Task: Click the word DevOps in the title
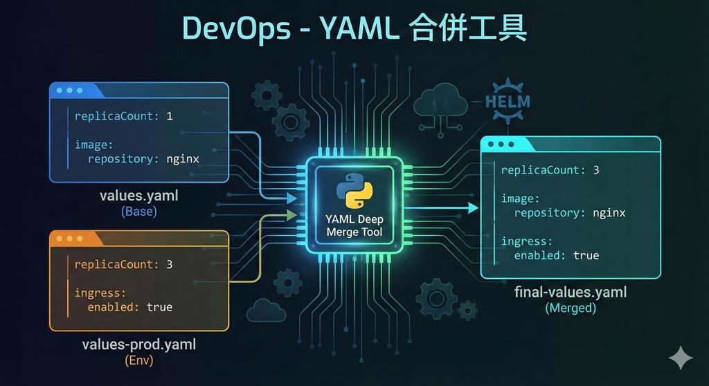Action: click(x=235, y=28)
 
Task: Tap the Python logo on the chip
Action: click(x=354, y=191)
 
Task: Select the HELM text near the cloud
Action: click(x=508, y=102)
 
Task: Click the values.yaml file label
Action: click(x=138, y=196)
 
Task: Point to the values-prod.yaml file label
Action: click(x=138, y=344)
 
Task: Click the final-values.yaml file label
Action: click(x=571, y=292)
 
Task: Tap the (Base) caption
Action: click(x=138, y=212)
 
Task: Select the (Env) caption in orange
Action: click(x=138, y=360)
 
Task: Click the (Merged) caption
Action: click(x=571, y=308)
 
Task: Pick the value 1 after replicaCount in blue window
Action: click(x=170, y=116)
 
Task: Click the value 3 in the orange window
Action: click(x=169, y=264)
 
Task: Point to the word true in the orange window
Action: click(x=159, y=306)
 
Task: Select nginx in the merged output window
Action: click(x=609, y=212)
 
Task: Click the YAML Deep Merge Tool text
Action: click(x=354, y=226)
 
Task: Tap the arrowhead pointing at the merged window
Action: click(x=473, y=208)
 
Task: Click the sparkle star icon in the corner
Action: click(x=680, y=358)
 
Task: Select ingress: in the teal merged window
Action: click(x=527, y=241)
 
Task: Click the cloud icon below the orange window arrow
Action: click(x=266, y=311)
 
